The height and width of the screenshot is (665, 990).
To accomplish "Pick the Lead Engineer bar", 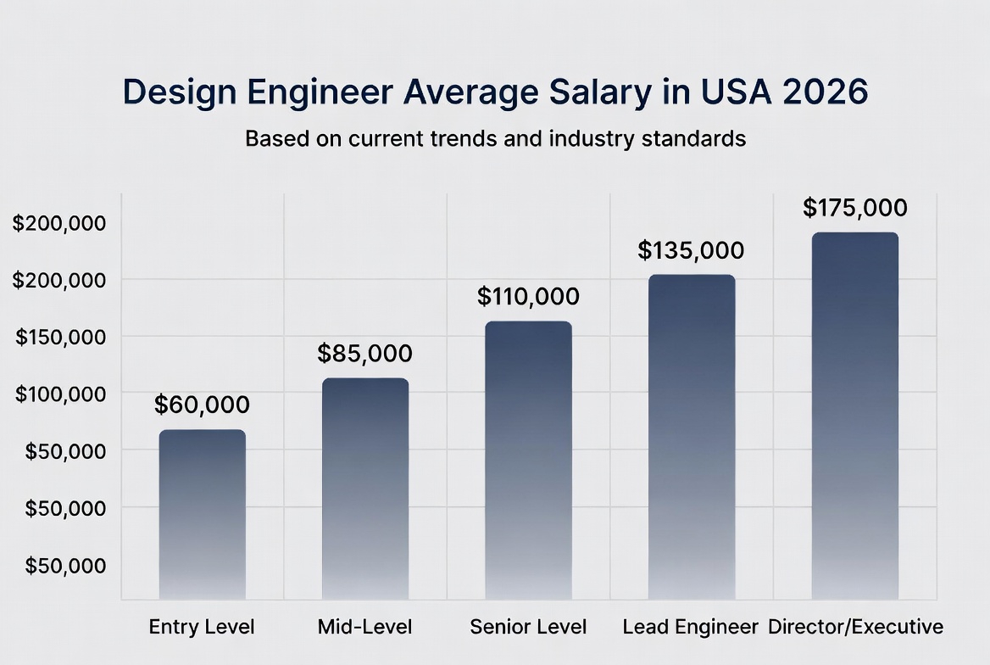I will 692,438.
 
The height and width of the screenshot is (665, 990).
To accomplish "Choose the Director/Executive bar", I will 854,416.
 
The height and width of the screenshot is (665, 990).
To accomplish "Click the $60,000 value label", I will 202,405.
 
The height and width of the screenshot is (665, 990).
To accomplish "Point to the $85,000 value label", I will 364,353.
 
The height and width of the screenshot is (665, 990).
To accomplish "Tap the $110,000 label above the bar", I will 528,296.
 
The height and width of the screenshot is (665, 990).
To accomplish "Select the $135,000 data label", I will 691,250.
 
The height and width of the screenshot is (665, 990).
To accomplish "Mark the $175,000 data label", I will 854,208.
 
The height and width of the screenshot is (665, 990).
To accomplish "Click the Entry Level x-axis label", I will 202,627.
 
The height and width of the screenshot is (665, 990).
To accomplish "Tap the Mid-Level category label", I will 364,627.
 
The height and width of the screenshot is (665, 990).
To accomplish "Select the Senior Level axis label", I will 528,627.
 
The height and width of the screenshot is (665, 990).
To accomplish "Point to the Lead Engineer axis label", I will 690,627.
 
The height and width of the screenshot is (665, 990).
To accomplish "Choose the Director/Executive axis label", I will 855,627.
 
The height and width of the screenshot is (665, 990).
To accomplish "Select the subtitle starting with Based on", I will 495,138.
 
